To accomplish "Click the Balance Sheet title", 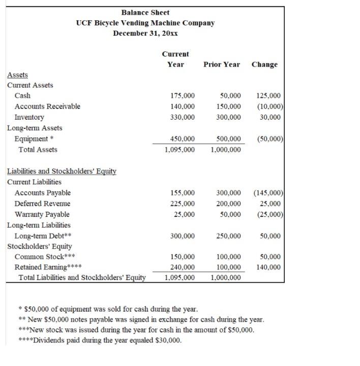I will [145, 12].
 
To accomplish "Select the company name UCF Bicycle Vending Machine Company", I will [145, 23].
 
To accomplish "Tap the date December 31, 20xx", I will [145, 33].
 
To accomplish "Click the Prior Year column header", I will [222, 65].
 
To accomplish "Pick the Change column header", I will [264, 65].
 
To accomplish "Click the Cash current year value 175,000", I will [182, 96].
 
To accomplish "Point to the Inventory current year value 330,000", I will [182, 117].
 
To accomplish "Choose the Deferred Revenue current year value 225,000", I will [182, 204].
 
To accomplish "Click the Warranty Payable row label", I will [42, 214].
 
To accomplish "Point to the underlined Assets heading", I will [18, 75].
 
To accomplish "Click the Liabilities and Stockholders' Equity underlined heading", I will [62, 172].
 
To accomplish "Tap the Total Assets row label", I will [38, 150].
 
